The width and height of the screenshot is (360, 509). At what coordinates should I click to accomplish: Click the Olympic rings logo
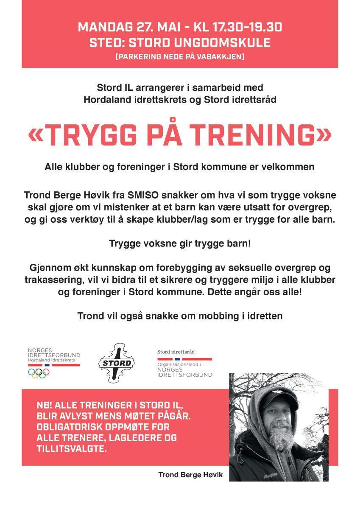tap(39, 373)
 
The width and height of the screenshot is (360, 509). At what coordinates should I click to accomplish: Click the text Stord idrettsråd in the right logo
tap(176, 352)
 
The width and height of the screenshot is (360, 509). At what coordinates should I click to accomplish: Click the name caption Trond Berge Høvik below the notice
tap(190, 475)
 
